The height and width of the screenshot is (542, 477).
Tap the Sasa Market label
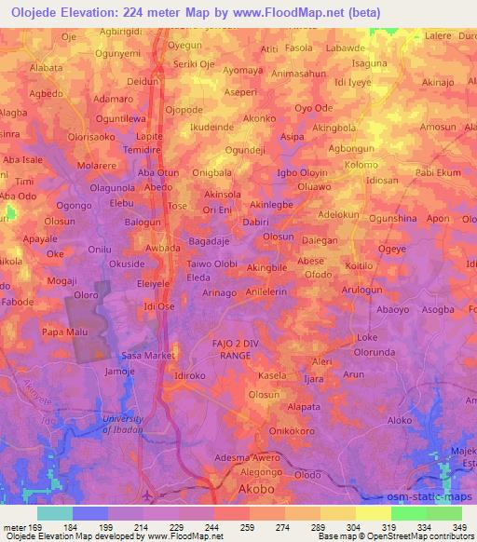[149, 355]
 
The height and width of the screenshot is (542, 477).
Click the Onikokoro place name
[289, 431]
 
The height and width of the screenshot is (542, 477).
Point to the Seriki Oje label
[195, 64]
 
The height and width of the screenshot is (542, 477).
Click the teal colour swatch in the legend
[55, 513]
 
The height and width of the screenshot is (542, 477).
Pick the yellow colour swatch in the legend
[373, 513]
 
